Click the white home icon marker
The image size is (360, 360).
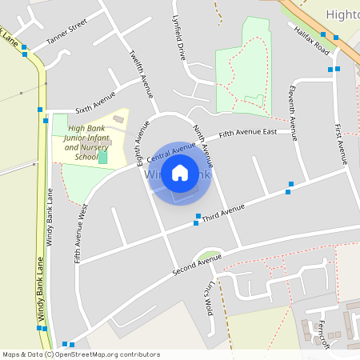pos(179,172)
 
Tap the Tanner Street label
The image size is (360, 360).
pos(66,36)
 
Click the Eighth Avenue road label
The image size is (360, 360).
pos(142,142)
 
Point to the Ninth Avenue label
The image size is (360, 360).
pos(201,142)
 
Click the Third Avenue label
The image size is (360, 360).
pos(223,213)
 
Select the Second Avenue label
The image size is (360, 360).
pos(197,264)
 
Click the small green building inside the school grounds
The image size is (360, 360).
pos(102,157)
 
